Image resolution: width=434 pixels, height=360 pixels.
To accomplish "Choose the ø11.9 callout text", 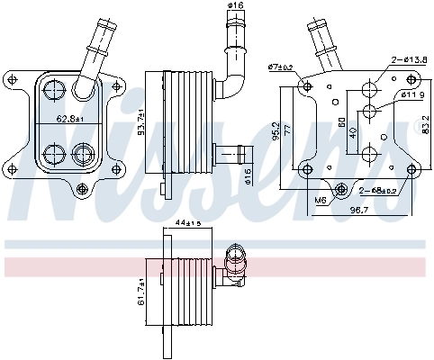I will [x=411, y=94].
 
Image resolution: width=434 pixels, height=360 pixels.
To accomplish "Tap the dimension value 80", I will [x=339, y=121].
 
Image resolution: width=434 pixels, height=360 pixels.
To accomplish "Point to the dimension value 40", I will [x=350, y=133].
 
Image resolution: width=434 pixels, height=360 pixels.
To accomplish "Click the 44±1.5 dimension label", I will [x=188, y=222].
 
